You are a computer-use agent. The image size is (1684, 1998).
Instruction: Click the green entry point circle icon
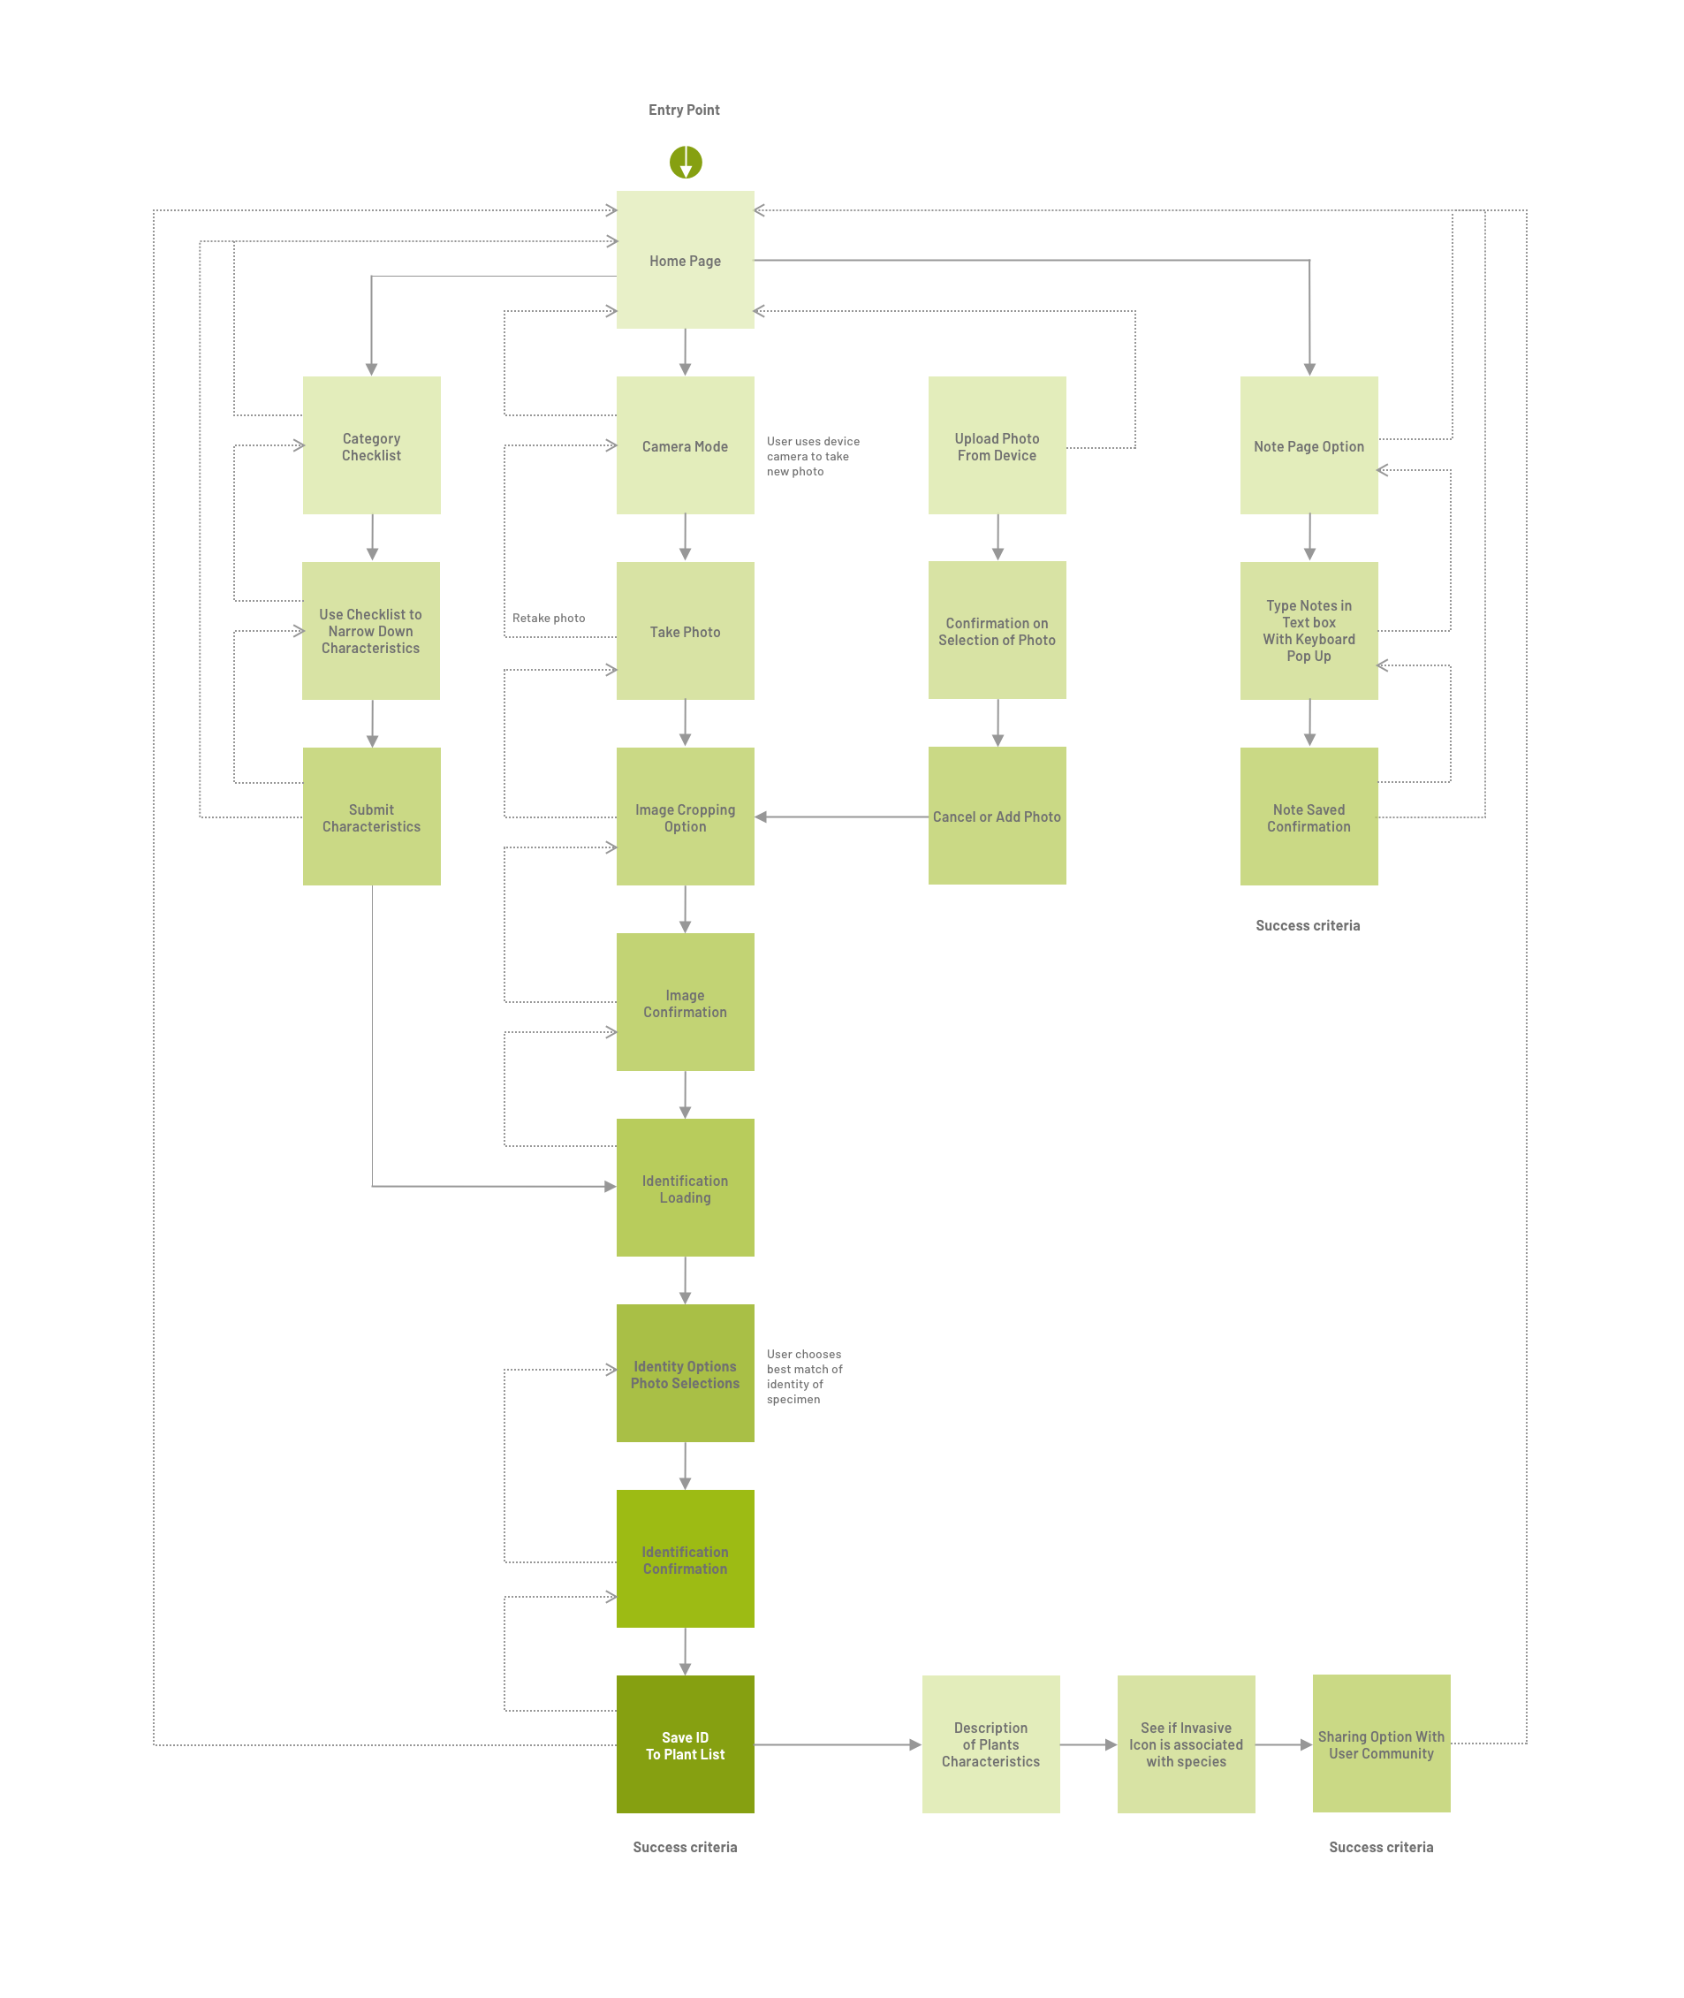(686, 163)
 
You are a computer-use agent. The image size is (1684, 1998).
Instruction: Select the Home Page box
(685, 260)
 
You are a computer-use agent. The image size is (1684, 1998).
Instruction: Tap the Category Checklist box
(371, 445)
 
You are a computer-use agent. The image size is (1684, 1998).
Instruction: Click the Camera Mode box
(685, 445)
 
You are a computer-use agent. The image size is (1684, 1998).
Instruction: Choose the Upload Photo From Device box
(997, 445)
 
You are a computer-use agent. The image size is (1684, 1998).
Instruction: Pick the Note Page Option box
(1308, 445)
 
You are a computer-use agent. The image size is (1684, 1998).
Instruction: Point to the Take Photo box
(685, 631)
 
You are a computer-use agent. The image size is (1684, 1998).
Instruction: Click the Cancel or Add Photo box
(997, 817)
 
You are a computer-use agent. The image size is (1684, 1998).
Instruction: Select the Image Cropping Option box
(685, 817)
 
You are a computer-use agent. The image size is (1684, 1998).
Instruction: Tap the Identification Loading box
(685, 1188)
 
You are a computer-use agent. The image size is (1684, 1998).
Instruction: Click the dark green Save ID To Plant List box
(685, 1745)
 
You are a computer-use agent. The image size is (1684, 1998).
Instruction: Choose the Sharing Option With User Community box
(1380, 1744)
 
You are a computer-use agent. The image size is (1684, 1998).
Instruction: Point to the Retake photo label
(548, 618)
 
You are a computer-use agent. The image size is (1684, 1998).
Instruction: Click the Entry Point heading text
(684, 110)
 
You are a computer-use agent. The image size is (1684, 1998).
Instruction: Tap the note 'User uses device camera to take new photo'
(813, 456)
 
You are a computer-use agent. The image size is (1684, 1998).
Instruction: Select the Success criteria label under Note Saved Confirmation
(1307, 925)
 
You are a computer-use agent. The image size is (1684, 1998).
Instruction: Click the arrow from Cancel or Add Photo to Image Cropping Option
(841, 817)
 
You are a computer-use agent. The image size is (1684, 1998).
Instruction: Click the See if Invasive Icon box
(1186, 1745)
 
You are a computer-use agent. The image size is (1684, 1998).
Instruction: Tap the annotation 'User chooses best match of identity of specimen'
(804, 1376)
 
